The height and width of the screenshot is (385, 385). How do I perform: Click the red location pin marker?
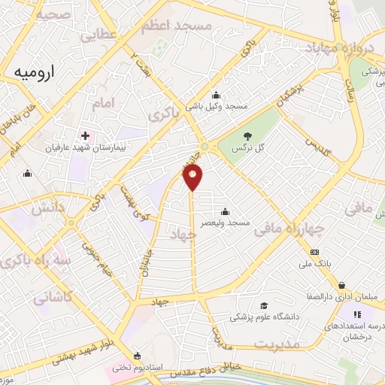(193, 177)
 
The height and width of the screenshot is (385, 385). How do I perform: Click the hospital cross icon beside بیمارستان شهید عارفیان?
(85, 136)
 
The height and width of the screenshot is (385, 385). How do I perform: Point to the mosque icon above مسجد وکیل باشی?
(217, 95)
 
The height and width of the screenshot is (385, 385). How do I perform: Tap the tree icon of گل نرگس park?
(247, 135)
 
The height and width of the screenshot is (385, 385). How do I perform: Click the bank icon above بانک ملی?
(314, 252)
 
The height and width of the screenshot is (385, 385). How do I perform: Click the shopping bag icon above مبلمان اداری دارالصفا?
(342, 286)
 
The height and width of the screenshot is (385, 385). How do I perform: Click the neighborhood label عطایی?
(99, 35)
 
